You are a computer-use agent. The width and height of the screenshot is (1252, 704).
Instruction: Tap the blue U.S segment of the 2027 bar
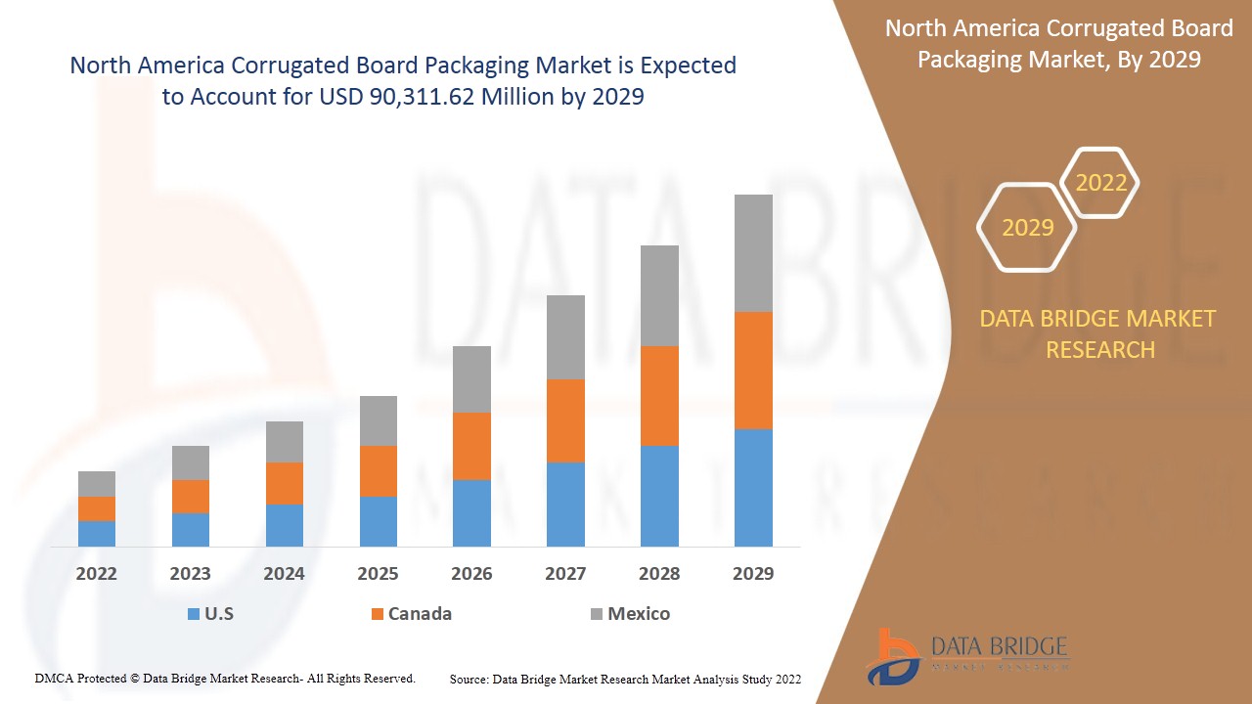(565, 505)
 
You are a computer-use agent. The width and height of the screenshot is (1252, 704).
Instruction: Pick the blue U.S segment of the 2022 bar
(97, 534)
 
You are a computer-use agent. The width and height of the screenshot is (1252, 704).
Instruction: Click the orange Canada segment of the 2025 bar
(378, 471)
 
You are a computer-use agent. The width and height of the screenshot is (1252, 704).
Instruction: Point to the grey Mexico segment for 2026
(471, 379)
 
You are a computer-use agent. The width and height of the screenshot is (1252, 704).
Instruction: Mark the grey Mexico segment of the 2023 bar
(191, 462)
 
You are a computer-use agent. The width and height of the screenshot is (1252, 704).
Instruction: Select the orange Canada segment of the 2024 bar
(285, 483)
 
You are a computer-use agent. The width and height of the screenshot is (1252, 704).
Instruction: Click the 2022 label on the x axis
(97, 574)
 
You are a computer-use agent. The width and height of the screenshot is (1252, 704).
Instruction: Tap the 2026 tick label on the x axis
(471, 574)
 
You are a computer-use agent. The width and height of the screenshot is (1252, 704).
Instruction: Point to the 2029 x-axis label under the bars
(753, 574)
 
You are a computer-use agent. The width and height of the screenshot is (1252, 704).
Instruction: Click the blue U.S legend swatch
(193, 614)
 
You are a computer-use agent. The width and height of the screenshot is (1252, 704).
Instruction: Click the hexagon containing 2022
(1100, 183)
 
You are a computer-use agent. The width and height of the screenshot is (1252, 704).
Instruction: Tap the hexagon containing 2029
(1027, 228)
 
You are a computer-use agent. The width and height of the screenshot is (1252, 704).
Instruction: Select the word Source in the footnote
(469, 679)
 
